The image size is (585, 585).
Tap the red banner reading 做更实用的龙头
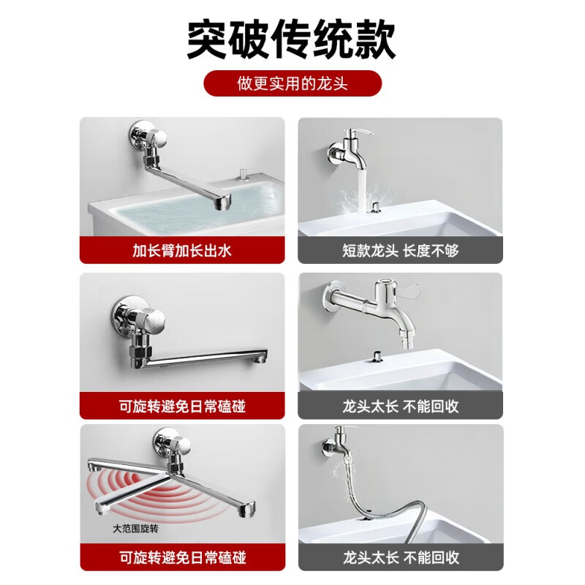(292, 83)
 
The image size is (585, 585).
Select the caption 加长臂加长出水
(181, 251)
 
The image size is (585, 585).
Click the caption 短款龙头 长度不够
(400, 251)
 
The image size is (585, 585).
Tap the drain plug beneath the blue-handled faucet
(377, 355)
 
